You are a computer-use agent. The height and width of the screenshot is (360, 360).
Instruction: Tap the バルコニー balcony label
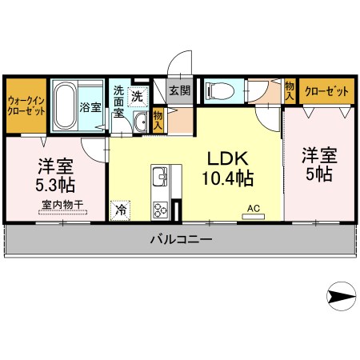(x=181, y=239)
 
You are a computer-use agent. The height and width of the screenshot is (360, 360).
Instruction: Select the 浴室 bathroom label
(x=90, y=106)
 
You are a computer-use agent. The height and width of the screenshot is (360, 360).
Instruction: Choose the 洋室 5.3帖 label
(x=55, y=176)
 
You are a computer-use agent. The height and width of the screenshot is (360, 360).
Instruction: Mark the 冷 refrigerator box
(x=121, y=210)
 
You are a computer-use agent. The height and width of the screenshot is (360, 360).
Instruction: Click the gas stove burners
(x=159, y=210)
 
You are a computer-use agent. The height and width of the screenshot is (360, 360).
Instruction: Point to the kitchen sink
(x=159, y=176)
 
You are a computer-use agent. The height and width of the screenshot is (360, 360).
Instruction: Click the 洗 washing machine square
(x=137, y=96)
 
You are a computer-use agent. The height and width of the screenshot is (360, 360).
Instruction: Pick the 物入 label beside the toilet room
(x=289, y=90)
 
